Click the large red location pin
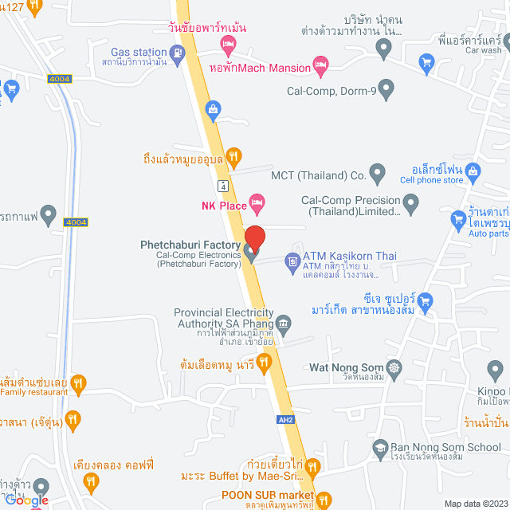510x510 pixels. pos(254,238)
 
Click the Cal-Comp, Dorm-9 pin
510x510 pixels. pos(386,89)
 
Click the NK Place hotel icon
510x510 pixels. pos(257,202)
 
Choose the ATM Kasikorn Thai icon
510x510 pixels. pos(292,261)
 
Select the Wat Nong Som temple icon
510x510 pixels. pos(398,368)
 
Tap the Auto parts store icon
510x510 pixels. pos(458,218)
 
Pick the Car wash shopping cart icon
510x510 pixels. pos(426,61)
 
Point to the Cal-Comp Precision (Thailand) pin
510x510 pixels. pos(410,206)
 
